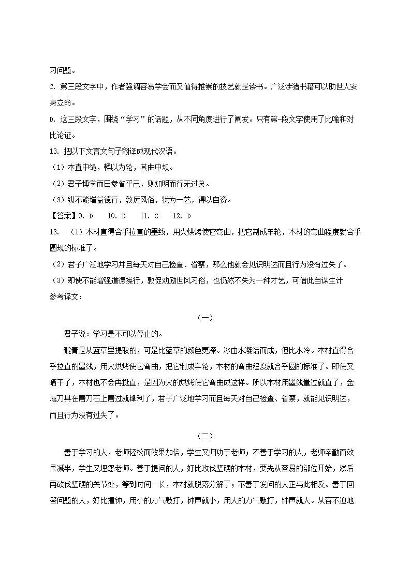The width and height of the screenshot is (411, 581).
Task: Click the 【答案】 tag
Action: (x=62, y=215)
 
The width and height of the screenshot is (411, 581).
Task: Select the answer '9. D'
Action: (x=84, y=215)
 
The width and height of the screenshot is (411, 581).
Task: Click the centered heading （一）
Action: (x=205, y=318)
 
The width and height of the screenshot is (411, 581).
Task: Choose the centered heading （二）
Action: (x=205, y=437)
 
